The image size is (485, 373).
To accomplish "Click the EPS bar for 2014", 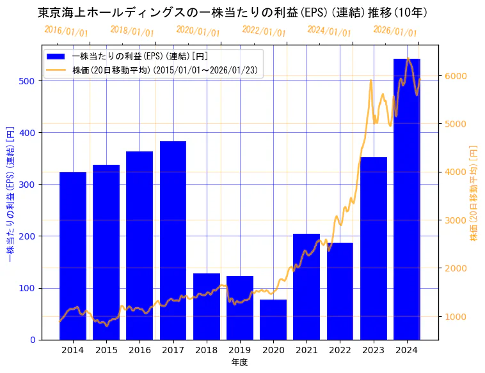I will pyautogui.click(x=73, y=255).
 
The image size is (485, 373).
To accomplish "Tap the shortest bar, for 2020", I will pyautogui.click(x=273, y=319).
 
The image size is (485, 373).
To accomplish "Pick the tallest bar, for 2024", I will pyautogui.click(x=407, y=199).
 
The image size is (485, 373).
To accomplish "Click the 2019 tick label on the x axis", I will pyautogui.click(x=240, y=350).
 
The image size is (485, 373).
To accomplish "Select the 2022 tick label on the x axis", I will pyautogui.click(x=340, y=350).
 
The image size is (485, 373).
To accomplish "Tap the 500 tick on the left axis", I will pyautogui.click(x=28, y=80).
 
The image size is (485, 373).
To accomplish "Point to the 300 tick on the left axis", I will pyautogui.click(x=28, y=184).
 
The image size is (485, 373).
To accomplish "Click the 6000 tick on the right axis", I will pyautogui.click(x=456, y=76).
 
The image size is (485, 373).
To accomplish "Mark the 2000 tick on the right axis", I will pyautogui.click(x=456, y=268).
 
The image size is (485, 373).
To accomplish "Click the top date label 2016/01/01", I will pyautogui.click(x=66, y=31).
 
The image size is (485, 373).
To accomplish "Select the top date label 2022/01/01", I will pyautogui.click(x=264, y=31).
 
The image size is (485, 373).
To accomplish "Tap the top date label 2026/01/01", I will pyautogui.click(x=395, y=31).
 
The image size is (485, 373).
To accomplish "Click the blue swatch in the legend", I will pyautogui.click(x=56, y=56).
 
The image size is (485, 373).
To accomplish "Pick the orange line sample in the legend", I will pyautogui.click(x=56, y=70).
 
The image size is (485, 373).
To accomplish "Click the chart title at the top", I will pyautogui.click(x=232, y=12).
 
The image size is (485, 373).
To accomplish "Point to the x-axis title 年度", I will pyautogui.click(x=239, y=362).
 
